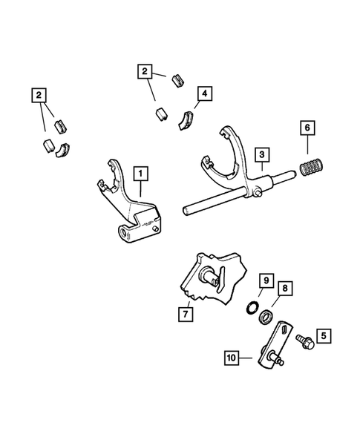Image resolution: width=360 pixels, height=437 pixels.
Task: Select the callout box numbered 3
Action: point(262,154)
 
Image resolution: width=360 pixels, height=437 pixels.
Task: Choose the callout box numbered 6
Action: point(305,148)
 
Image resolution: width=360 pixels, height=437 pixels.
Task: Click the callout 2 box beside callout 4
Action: point(145,72)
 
